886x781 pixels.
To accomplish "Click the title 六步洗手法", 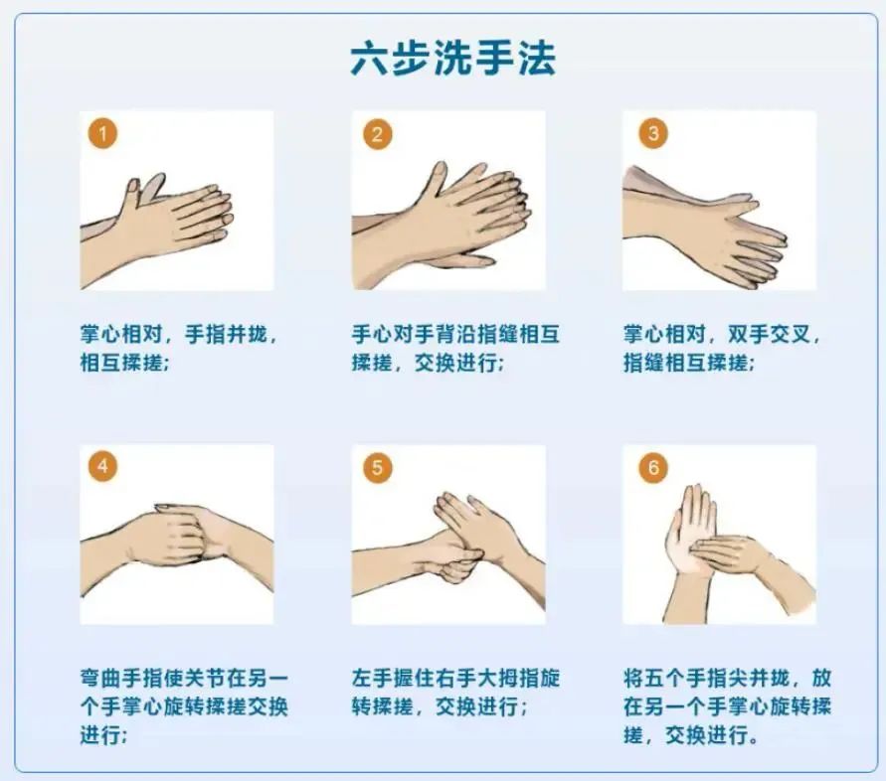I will [x=452, y=59].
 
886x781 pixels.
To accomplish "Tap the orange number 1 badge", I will [x=103, y=133].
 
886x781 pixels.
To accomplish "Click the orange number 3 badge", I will [x=652, y=133].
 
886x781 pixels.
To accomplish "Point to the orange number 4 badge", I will [x=103, y=466].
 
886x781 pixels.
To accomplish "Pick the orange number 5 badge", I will [x=376, y=467].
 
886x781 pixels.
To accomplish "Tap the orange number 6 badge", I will [x=652, y=467].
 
